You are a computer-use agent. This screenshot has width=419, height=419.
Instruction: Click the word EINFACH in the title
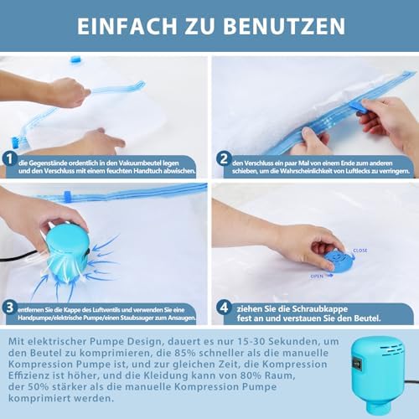(127, 26)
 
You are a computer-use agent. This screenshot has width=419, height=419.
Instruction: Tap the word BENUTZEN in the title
(284, 26)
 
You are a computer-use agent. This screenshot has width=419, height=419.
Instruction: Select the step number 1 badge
(9, 159)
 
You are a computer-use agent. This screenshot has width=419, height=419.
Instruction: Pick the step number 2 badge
(224, 158)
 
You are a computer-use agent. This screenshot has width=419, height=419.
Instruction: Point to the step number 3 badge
(9, 308)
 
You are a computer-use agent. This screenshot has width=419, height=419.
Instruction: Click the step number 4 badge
(224, 308)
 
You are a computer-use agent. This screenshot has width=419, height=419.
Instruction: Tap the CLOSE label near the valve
(360, 251)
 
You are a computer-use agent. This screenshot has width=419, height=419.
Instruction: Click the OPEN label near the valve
(317, 276)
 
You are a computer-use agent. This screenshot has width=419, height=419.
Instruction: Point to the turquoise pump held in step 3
(68, 251)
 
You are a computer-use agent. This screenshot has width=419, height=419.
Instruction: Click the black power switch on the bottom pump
(356, 363)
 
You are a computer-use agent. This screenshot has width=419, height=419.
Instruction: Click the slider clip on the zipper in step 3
(67, 195)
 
